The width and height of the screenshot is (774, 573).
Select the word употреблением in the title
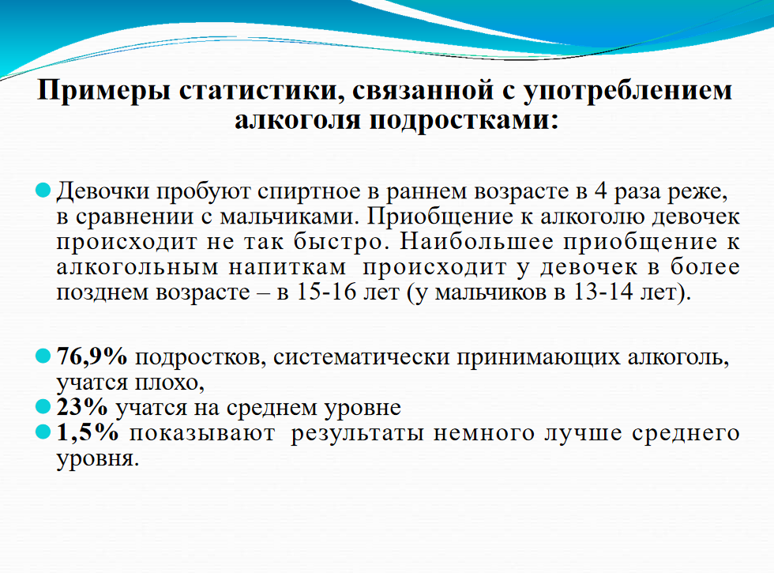click(627, 91)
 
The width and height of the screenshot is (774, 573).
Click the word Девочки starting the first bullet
click(102, 190)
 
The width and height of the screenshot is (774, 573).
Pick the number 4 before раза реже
click(600, 190)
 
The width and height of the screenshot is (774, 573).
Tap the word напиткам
click(287, 268)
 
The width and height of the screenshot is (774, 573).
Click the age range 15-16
click(326, 292)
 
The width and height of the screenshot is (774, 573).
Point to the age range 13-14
click(603, 292)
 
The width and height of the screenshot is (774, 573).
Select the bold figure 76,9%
click(92, 356)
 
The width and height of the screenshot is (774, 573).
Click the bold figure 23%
click(82, 408)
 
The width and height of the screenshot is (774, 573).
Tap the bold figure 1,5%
click(88, 433)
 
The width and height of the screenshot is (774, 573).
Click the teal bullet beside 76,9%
click(43, 356)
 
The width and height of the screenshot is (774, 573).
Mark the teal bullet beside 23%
click(43, 406)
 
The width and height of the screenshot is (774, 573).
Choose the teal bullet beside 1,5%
click(43, 432)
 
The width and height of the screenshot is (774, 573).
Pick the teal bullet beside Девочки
click(43, 190)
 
